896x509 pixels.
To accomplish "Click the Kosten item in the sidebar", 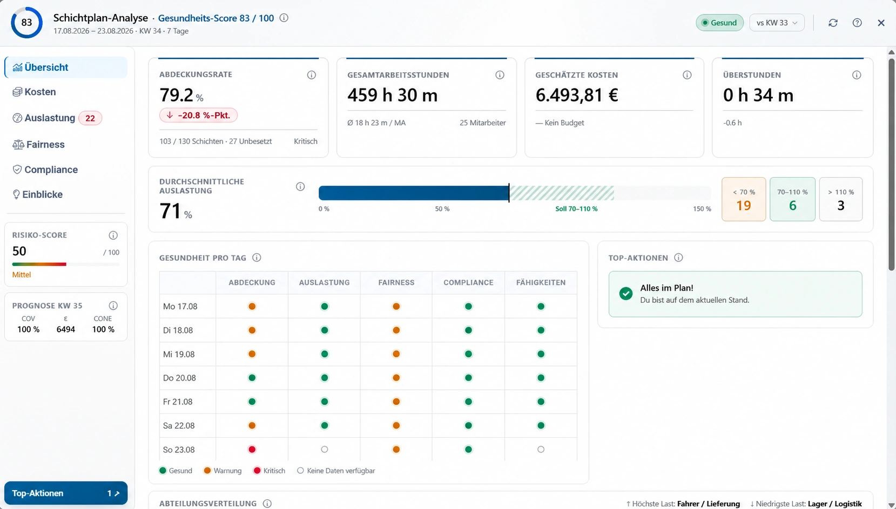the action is (x=35, y=92).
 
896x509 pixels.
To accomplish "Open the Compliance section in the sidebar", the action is (x=45, y=169).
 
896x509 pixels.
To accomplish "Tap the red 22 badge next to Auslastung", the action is (x=90, y=118).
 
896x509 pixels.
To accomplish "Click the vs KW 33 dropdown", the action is (x=777, y=23).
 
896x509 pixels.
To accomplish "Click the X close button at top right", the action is (x=881, y=23).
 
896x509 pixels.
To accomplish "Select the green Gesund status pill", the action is (x=719, y=23).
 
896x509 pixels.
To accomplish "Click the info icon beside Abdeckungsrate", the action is (x=312, y=75).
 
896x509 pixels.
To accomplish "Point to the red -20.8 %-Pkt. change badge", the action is (x=198, y=115).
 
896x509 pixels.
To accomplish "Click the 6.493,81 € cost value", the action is (x=577, y=95).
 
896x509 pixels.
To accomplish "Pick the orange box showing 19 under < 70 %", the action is (x=744, y=199).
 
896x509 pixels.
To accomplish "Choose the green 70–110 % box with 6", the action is (x=792, y=199).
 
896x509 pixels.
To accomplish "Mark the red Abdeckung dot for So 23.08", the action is (x=252, y=450).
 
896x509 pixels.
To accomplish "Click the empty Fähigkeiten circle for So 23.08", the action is (x=541, y=450).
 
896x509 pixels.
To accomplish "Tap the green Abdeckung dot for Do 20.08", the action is (x=252, y=378).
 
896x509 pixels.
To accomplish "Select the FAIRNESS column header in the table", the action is (x=396, y=282).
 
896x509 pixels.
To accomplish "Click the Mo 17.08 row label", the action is (x=180, y=306).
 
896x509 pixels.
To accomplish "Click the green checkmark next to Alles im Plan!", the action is (x=626, y=294).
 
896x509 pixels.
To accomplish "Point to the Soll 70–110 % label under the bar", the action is (x=576, y=209).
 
